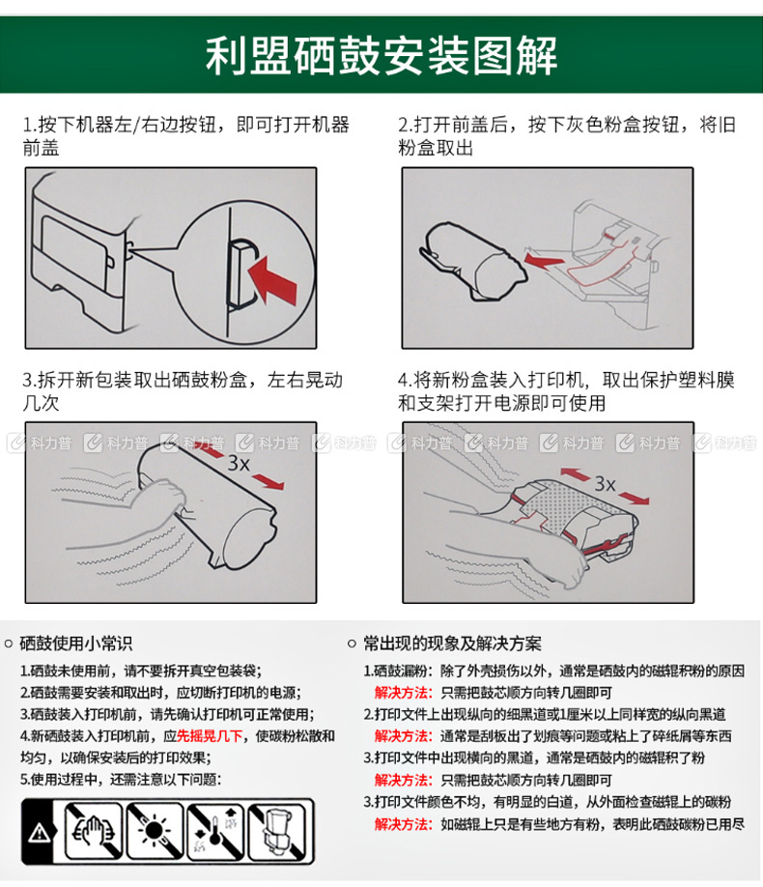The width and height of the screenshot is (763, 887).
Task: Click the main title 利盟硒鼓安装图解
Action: tap(381, 55)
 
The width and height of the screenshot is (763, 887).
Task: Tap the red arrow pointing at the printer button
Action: tap(272, 279)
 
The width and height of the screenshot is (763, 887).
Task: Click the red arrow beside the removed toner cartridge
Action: tap(543, 260)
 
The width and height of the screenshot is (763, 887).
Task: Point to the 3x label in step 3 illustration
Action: tap(239, 463)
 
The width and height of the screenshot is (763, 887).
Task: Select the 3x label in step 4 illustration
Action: tap(605, 484)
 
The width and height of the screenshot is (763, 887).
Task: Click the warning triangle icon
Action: tap(39, 832)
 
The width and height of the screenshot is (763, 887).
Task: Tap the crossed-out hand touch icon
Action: tap(94, 831)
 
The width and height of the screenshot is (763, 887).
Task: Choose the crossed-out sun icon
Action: tap(155, 831)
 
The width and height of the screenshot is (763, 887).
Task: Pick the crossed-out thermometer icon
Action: tap(215, 831)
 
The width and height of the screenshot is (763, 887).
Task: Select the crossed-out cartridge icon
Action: tap(276, 831)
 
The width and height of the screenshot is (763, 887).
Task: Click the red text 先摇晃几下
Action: tap(210, 736)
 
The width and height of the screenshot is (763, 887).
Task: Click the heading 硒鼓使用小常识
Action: tap(75, 644)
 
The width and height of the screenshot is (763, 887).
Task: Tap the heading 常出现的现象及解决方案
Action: tap(452, 644)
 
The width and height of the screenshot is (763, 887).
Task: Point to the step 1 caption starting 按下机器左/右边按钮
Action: tap(186, 136)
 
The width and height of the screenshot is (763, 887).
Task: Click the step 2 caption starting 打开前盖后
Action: tap(567, 136)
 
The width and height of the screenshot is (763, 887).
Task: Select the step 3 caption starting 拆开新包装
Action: tap(183, 391)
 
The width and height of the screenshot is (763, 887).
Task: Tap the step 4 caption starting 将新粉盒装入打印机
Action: tap(566, 391)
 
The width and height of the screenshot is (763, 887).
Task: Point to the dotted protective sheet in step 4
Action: tap(557, 505)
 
